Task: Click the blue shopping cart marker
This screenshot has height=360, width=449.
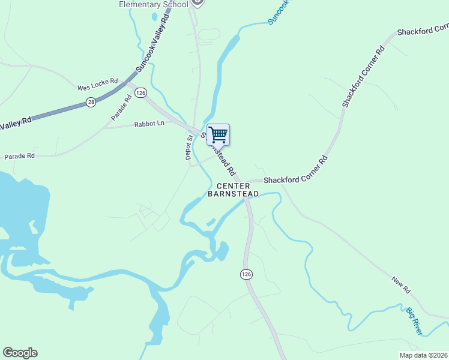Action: point(218,134)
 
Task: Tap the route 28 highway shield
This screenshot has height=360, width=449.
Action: point(91,102)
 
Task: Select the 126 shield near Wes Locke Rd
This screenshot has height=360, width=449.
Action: point(140,92)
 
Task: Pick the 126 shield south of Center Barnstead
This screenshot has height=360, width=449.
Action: point(246,274)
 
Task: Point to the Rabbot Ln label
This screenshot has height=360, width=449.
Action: point(149,124)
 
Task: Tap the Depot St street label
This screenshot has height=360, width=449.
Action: point(189,147)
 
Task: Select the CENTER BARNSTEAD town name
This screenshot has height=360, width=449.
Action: point(234,190)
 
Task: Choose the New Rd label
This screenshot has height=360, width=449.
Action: point(400,284)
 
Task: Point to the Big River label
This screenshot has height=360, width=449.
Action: point(414,321)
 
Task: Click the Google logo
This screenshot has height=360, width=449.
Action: point(20,353)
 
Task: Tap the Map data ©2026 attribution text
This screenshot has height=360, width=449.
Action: point(423,355)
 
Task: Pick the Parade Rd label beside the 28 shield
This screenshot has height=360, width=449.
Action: point(121,107)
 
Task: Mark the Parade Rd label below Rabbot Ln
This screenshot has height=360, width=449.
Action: point(20,156)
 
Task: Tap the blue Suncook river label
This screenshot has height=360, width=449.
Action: point(279,11)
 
